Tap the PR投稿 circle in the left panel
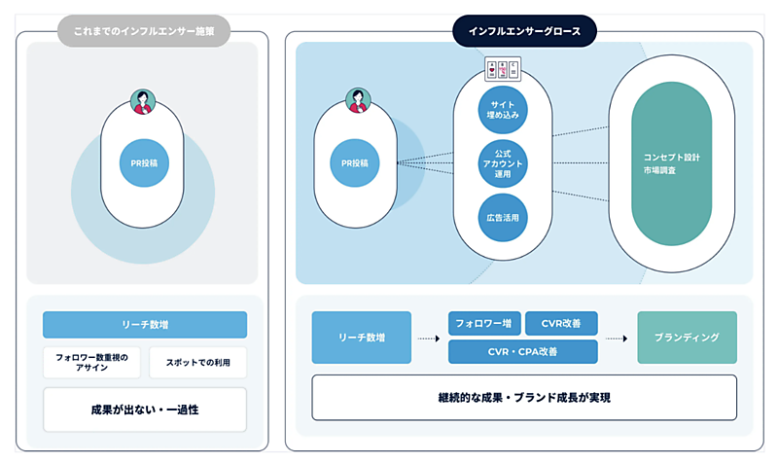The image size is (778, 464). [144, 163]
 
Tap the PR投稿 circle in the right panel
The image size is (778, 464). [355, 163]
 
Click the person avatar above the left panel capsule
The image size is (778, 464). [143, 101]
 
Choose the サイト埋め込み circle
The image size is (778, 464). [503, 109]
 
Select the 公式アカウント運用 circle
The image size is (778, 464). [503, 162]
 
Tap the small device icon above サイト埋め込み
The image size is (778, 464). [502, 70]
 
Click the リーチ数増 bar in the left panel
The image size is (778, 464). [144, 324]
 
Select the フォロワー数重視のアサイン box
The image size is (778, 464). [91, 362]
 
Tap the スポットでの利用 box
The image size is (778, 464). [197, 362]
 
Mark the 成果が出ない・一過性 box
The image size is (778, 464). [144, 410]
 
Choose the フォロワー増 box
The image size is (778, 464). [483, 323]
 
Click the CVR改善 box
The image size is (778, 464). [561, 323]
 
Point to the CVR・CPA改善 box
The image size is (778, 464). [522, 351]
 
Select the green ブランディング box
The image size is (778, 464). [687, 338]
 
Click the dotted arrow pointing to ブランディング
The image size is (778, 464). [617, 339]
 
